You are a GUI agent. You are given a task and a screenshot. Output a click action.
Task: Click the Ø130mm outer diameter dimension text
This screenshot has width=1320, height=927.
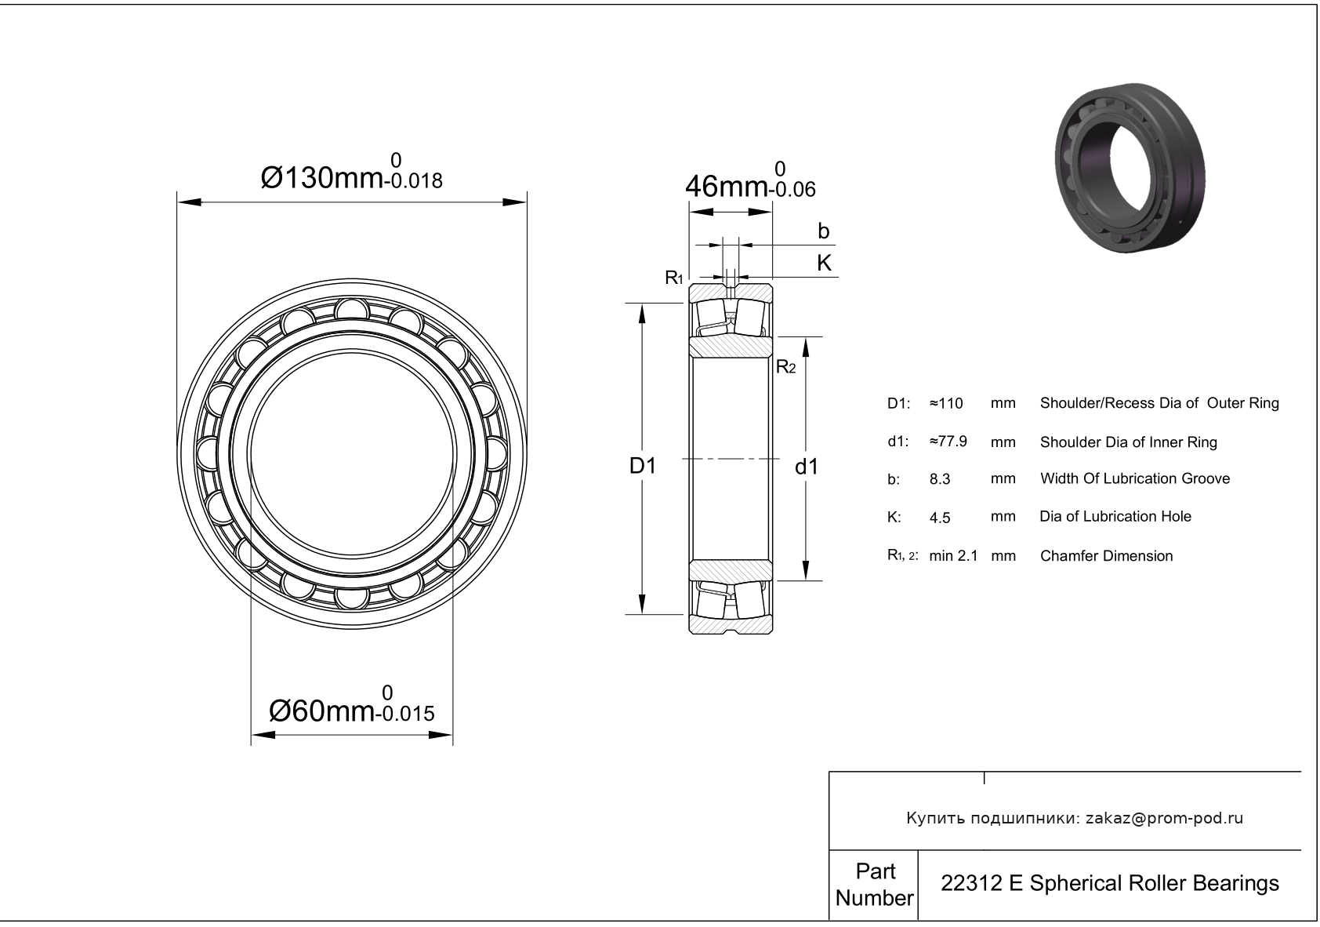coord(321,177)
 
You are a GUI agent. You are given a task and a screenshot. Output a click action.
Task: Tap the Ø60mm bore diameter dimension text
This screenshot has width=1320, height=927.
coord(321,711)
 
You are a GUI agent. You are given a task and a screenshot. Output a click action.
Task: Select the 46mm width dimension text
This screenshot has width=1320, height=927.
coord(727,187)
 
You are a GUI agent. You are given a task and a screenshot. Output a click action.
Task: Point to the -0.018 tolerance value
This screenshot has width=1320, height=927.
coord(413,181)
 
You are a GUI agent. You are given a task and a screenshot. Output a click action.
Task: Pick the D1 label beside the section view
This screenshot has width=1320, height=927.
coord(642,466)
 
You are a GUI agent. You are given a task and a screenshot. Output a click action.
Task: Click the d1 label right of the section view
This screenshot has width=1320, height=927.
coord(807,467)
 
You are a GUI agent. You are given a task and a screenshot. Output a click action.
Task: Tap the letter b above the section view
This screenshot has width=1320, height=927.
coord(823,231)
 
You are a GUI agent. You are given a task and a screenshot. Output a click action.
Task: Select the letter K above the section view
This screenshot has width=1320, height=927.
coord(824,263)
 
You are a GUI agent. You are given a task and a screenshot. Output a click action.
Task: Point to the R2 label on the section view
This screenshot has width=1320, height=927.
coord(786,367)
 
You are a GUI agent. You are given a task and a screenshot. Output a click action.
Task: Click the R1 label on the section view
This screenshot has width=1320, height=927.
coord(673,277)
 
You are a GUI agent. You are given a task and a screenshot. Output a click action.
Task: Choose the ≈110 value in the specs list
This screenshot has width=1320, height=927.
coord(946,403)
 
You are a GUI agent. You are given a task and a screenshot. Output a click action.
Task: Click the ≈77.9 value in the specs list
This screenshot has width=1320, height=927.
coord(948,442)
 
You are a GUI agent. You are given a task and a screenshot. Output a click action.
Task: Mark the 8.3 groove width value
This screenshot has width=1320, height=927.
coord(940,479)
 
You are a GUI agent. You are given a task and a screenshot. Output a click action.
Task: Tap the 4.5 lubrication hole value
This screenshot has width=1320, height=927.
coord(940,517)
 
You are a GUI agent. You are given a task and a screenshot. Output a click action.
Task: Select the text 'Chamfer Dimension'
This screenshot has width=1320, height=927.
coord(1106,555)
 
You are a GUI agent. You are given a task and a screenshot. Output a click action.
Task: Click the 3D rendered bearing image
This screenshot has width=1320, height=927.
coord(1130,169)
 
